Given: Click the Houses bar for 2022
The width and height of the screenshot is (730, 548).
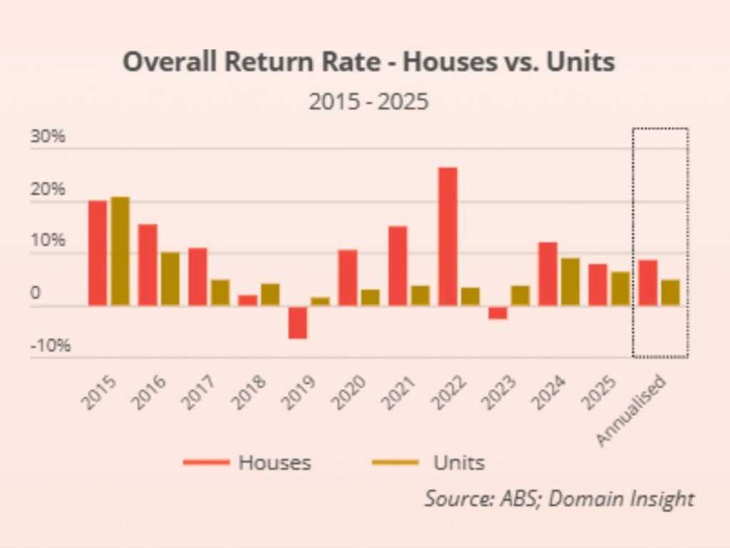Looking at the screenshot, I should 448,236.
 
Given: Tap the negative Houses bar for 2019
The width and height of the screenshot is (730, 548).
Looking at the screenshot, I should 298,323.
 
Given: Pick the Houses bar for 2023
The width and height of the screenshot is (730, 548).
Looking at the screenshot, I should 498,313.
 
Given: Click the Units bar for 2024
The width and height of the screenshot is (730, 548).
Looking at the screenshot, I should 570,282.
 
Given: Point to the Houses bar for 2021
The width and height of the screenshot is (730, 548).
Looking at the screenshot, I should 398,265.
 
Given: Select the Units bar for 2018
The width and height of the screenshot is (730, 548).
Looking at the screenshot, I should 270,295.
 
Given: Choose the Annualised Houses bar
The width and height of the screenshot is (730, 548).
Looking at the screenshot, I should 647,283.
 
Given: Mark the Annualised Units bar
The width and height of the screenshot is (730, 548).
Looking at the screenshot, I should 670,293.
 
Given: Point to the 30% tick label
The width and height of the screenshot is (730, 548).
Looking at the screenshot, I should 48,136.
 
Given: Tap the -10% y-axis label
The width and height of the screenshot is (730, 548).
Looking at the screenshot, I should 50,346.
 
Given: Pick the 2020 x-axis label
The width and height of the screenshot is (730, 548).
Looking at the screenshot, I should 349,392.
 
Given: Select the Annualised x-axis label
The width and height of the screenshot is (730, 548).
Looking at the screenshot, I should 631,410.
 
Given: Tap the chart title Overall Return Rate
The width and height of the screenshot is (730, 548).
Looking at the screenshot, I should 369,63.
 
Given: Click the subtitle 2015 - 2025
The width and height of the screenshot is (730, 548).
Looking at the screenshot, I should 369,101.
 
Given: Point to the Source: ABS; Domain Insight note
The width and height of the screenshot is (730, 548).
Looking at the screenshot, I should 559,498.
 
